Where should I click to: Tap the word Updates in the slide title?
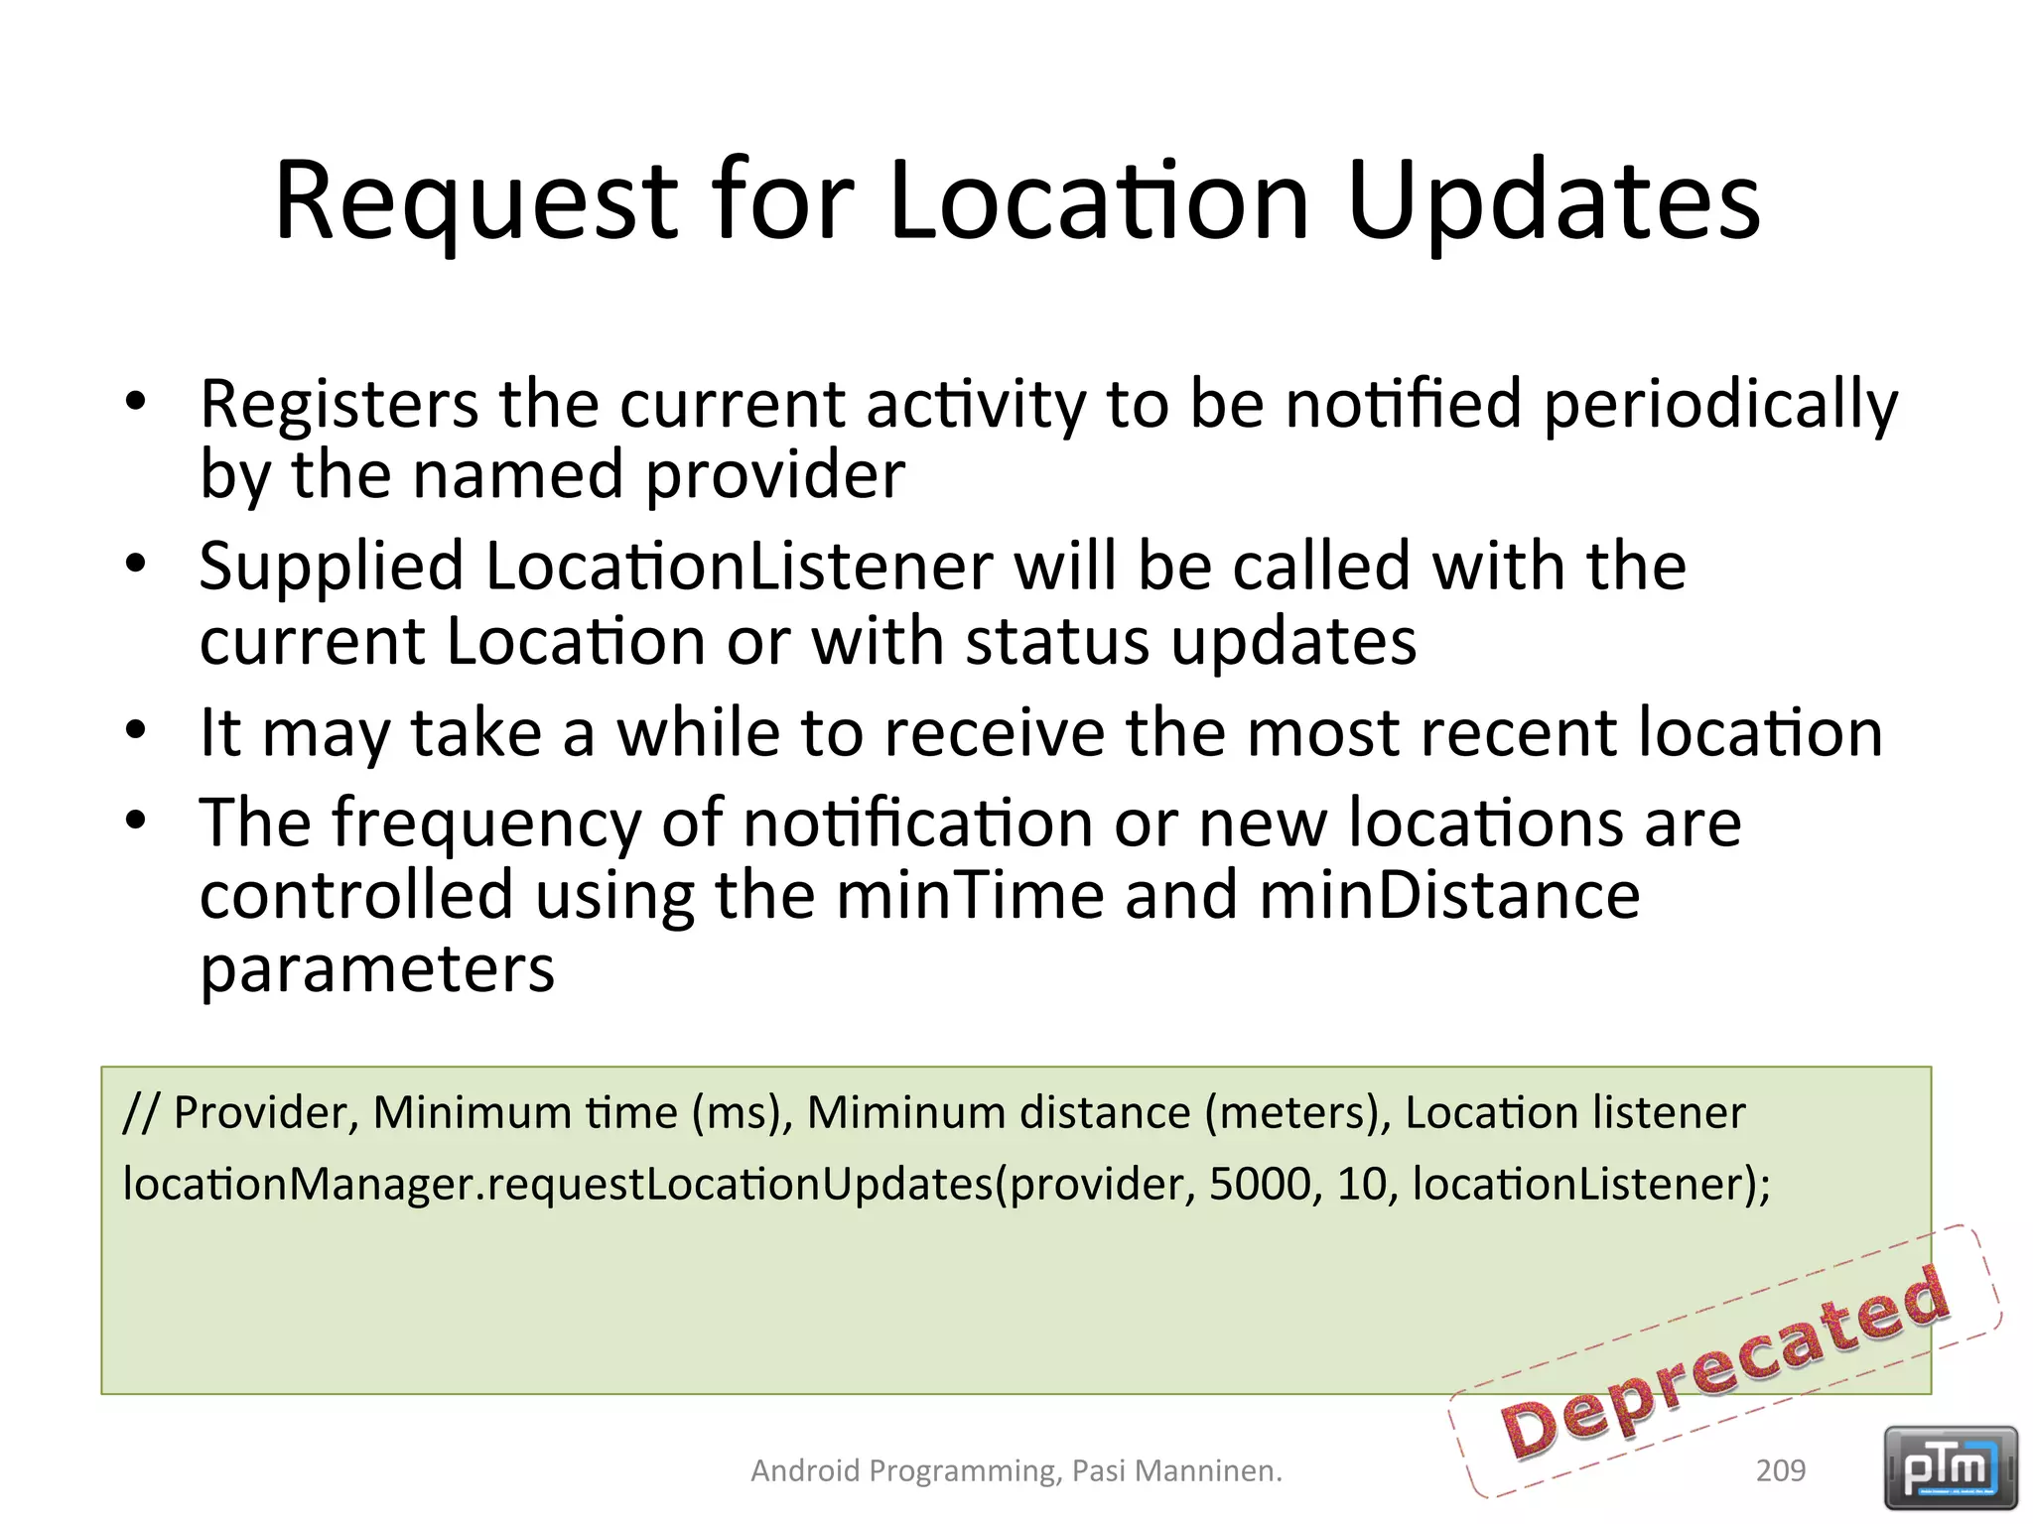pyautogui.click(x=1554, y=203)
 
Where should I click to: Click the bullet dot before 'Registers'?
pyautogui.click(x=136, y=402)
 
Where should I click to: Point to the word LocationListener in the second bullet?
pyautogui.click(x=739, y=567)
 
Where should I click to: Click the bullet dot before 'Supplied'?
pyautogui.click(x=136, y=565)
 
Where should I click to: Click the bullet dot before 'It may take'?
pyautogui.click(x=136, y=731)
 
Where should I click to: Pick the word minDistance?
pyautogui.click(x=1449, y=895)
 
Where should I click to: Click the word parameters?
pyautogui.click(x=377, y=969)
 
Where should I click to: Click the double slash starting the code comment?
pyautogui.click(x=141, y=1113)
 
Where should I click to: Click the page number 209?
pyautogui.click(x=1780, y=1470)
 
